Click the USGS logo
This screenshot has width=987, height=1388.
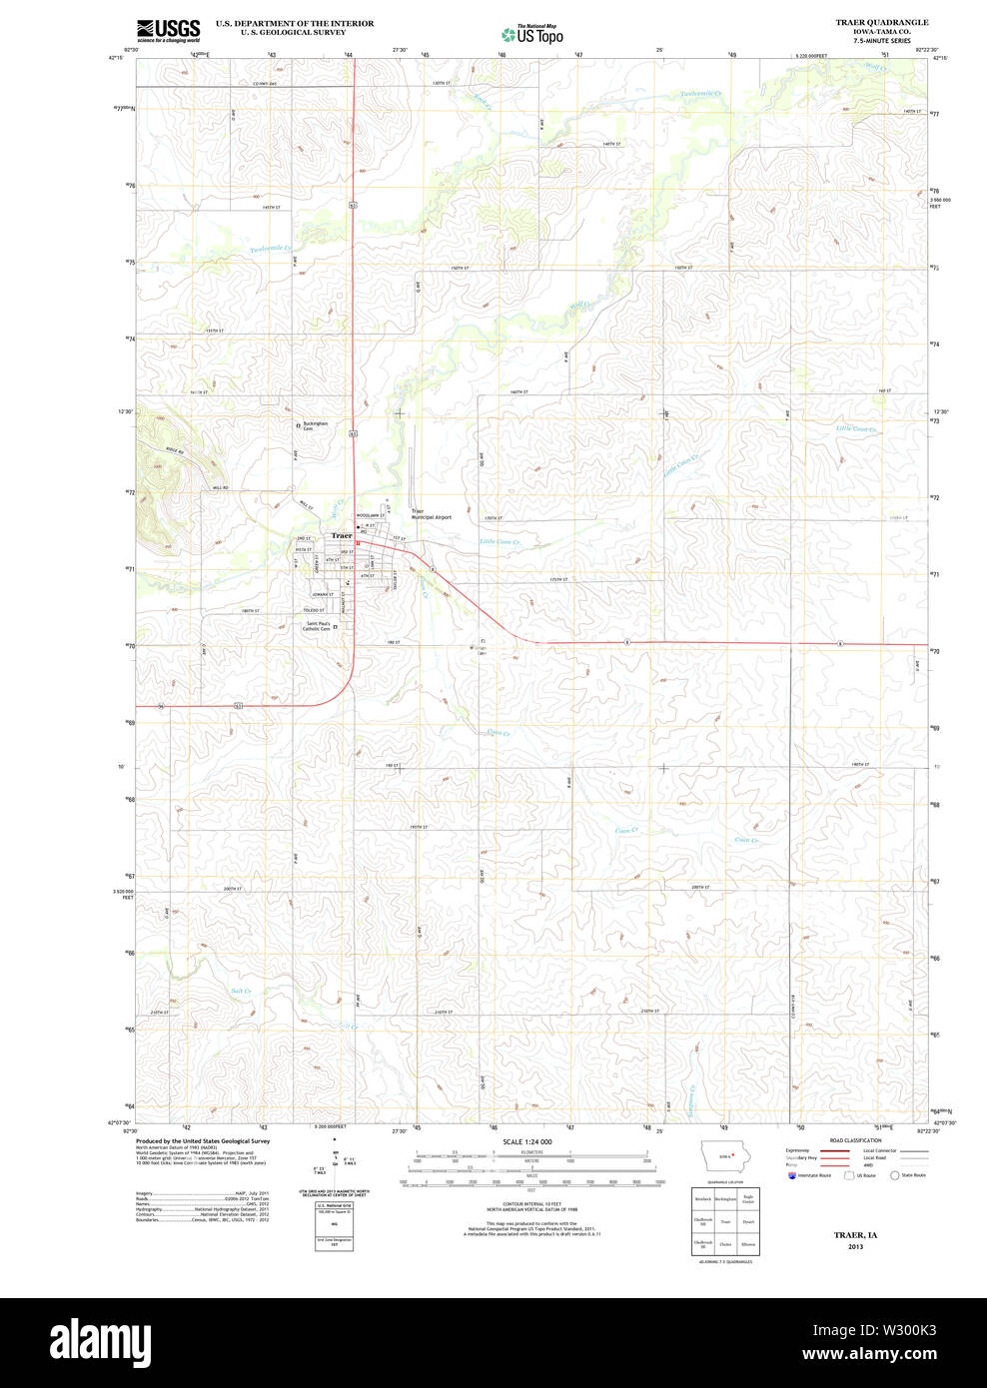point(168,30)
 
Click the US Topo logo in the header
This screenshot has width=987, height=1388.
point(532,34)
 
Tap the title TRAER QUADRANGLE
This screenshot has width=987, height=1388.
point(881,22)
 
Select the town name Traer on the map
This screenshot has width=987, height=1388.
point(342,535)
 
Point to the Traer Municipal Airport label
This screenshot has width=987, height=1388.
point(432,514)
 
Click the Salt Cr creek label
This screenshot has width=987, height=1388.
point(241,992)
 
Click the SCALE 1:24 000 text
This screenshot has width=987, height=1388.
point(527,1141)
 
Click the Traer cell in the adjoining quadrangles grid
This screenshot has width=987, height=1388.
point(725,1221)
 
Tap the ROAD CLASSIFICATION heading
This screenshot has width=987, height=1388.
point(855,1140)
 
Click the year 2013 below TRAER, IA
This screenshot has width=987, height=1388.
point(855,1247)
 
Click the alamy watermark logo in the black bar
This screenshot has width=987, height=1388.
point(102,1341)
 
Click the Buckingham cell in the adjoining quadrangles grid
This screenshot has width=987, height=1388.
point(725,1198)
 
